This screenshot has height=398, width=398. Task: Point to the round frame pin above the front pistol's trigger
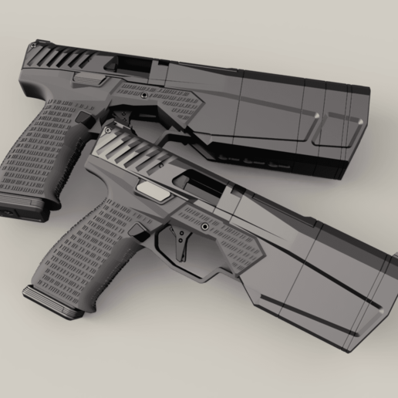204,227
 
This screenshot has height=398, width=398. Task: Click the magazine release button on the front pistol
140,230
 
